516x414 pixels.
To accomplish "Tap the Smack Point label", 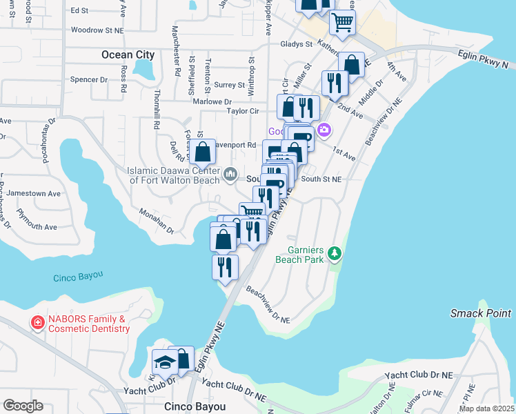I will [x=481, y=313].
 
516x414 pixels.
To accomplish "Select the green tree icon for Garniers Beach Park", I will [x=335, y=253].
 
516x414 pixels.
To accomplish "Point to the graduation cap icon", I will [x=165, y=362].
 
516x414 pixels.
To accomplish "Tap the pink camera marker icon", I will [x=324, y=130].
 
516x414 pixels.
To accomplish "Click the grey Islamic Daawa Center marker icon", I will [x=230, y=173].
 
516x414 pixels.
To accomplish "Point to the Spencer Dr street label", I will [x=89, y=79].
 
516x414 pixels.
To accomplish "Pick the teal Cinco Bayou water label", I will [x=78, y=275].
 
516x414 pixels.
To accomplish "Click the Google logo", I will [x=23, y=406].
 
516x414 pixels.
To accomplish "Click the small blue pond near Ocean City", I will [x=145, y=68].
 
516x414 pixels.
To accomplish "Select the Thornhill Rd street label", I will [x=157, y=116].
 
